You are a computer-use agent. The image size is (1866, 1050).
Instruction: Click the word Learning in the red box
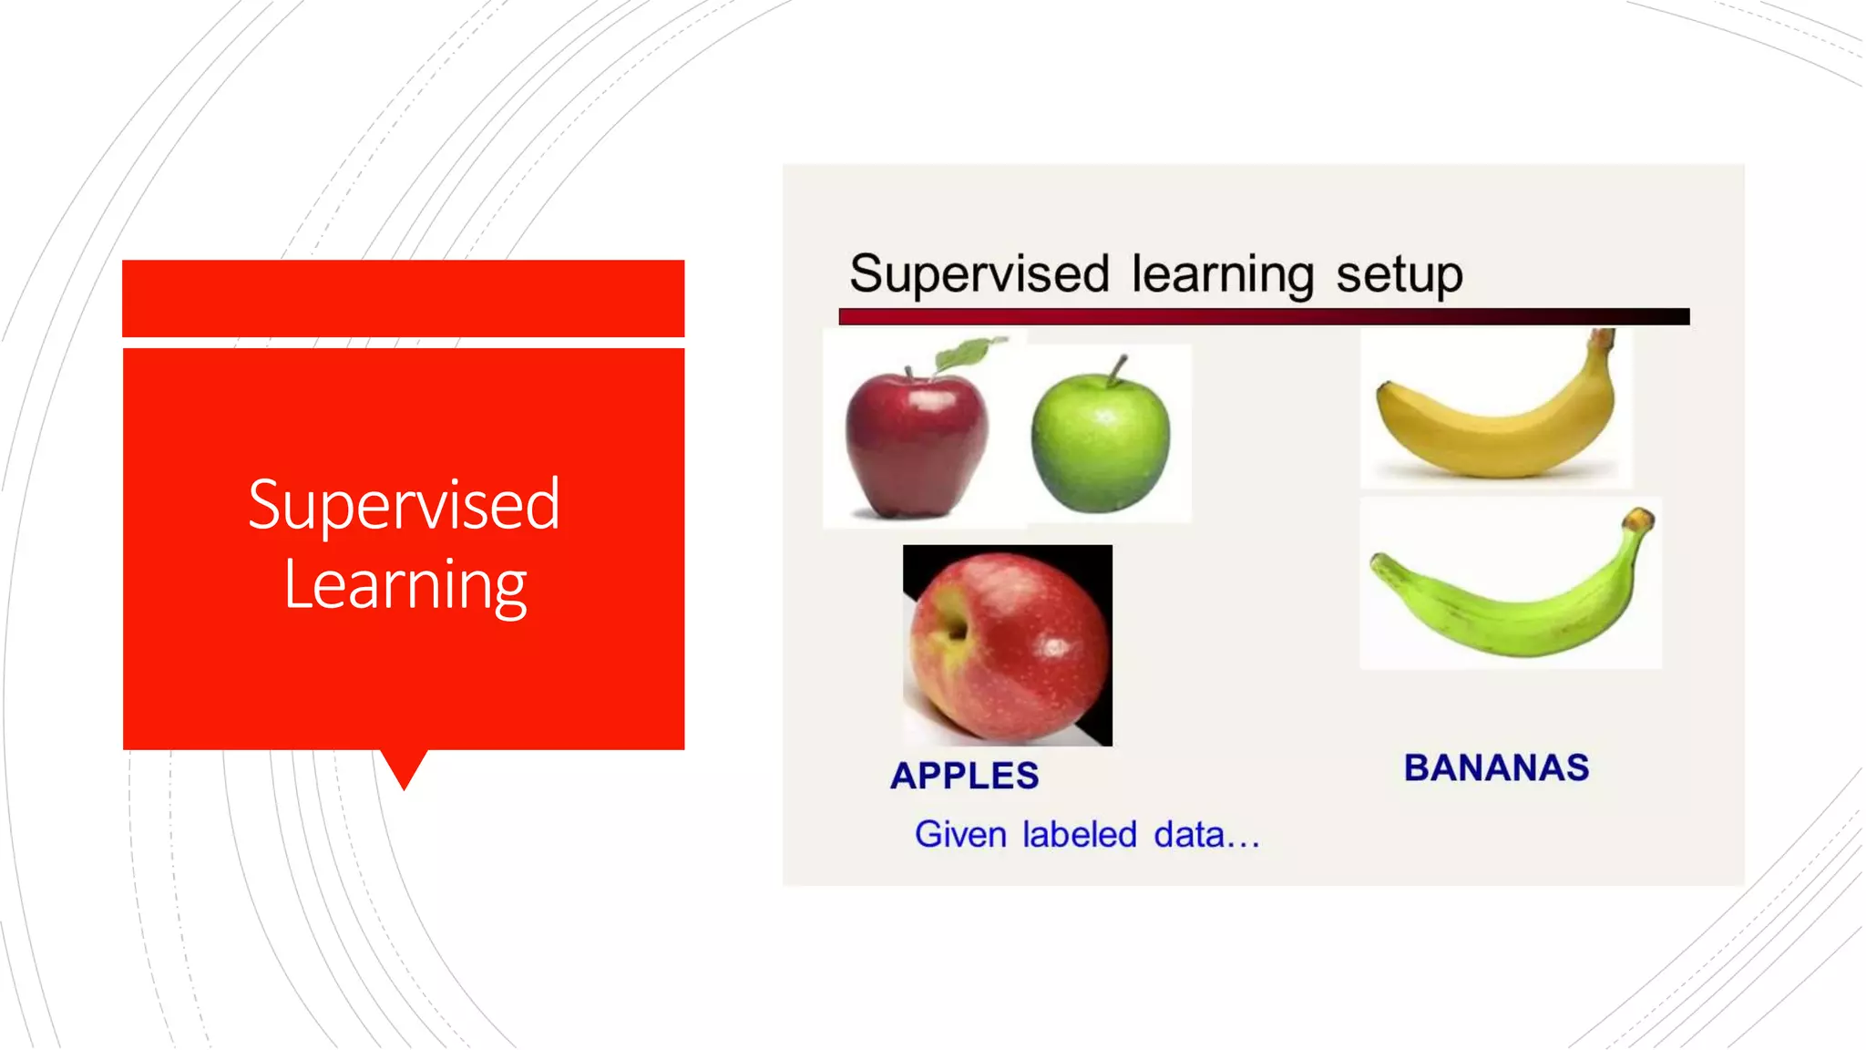point(405,585)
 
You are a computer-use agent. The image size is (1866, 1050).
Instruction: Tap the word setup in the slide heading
point(1399,274)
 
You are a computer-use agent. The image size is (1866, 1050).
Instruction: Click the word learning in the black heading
point(1222,274)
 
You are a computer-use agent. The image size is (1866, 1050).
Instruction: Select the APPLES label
point(964,776)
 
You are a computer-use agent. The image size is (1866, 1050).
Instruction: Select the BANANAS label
point(1496,767)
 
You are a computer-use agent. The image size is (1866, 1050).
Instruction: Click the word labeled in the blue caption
point(1079,834)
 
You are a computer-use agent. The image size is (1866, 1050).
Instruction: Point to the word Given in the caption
point(959,834)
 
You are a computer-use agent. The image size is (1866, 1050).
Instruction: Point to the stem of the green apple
point(1118,366)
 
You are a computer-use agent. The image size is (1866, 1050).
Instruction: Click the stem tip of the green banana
point(1639,520)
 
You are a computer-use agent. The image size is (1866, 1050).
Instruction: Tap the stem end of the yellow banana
point(1601,340)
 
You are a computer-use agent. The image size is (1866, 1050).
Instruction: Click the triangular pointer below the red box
point(404,768)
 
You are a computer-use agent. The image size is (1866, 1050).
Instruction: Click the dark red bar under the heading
point(1263,316)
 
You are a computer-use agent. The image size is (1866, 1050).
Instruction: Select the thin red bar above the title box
point(403,298)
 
